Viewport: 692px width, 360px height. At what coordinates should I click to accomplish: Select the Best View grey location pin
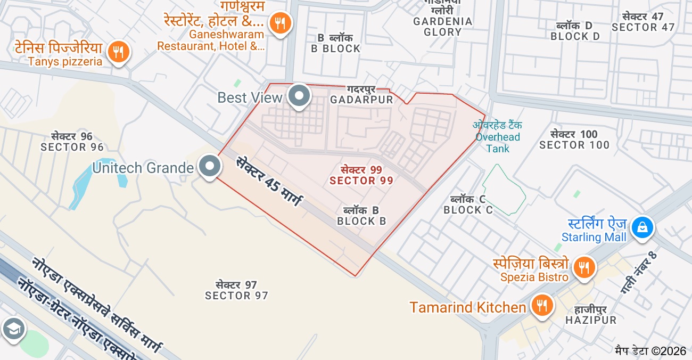[x=299, y=96]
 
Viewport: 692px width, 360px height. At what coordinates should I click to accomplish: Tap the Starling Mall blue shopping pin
[x=642, y=227]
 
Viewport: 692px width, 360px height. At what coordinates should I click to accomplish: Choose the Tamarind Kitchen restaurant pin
[x=542, y=306]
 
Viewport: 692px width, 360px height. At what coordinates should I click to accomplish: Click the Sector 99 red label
[x=361, y=175]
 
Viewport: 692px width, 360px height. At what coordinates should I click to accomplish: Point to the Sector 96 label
[x=72, y=142]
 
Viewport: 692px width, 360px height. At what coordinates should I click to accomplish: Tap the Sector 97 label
[x=236, y=290]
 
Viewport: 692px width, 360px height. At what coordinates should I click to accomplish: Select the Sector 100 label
[x=574, y=140]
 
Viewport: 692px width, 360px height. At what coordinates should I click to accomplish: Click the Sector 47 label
[x=643, y=22]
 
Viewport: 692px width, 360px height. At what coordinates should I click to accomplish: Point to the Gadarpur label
[x=361, y=95]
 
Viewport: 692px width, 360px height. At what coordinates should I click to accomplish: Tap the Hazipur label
[x=590, y=315]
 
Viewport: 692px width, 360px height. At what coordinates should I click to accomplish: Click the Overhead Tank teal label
[x=498, y=137]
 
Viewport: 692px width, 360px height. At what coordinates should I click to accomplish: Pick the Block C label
[x=468, y=204]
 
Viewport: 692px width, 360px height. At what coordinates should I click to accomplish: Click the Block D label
[x=575, y=31]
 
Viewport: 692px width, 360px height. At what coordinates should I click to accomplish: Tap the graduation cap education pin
[x=13, y=329]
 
